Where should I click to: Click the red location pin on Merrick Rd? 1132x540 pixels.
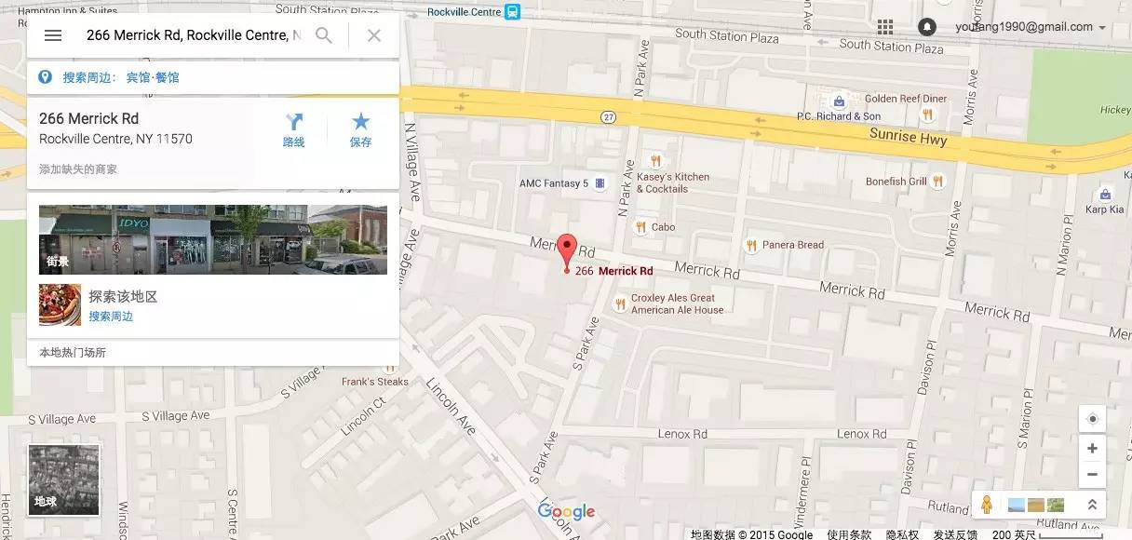[x=567, y=250]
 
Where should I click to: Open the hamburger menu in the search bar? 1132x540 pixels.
[x=53, y=35]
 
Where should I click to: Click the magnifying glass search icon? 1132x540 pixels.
[x=324, y=35]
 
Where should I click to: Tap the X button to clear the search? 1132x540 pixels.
[x=374, y=35]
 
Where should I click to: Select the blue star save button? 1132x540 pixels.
[x=360, y=122]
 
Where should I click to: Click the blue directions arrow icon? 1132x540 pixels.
[x=294, y=122]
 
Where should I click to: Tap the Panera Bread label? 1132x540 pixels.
[x=792, y=245]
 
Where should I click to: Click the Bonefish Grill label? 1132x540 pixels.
[x=896, y=182]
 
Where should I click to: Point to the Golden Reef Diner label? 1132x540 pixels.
[x=905, y=99]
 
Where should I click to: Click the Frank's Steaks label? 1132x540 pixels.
[x=375, y=382]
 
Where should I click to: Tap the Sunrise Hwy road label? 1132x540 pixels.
[x=908, y=138]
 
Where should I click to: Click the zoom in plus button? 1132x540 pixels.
[x=1092, y=449]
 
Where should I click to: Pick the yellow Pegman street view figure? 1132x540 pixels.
[x=987, y=505]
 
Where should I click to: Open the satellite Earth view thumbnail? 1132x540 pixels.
[x=63, y=480]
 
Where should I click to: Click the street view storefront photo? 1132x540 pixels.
[x=213, y=239]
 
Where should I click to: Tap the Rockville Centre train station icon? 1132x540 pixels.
[x=512, y=12]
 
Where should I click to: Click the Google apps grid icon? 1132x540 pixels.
[x=884, y=27]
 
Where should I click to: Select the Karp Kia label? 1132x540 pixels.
[x=1104, y=209]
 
